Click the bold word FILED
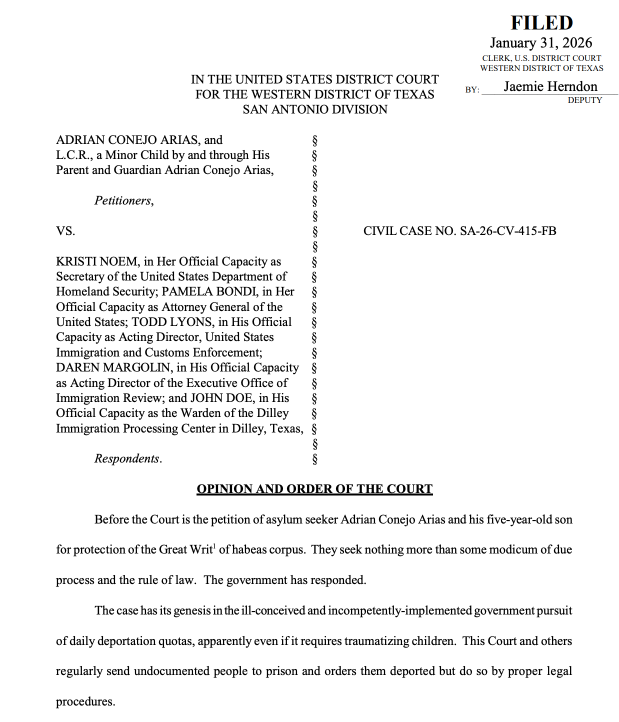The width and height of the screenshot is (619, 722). [541, 23]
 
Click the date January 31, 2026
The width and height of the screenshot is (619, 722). [541, 43]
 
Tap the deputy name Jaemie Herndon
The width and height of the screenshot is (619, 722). [550, 86]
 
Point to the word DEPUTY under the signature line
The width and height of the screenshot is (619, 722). [584, 100]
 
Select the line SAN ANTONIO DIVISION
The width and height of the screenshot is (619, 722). [315, 109]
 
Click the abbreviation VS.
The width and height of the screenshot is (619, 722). [65, 231]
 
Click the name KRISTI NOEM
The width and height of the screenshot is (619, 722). [96, 261]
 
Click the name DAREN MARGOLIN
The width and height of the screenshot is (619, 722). [113, 367]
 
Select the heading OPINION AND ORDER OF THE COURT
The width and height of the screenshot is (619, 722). [314, 489]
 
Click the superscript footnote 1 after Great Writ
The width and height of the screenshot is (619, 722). [214, 546]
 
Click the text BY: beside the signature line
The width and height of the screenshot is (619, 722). [472, 90]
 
